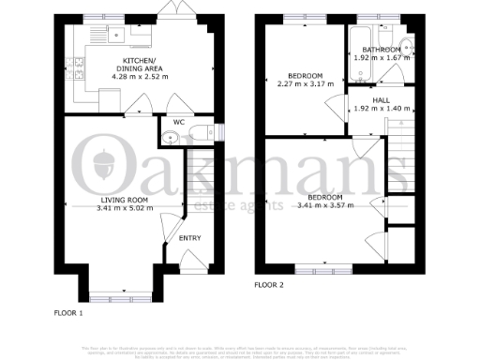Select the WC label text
click(x=177, y=121)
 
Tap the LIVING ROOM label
click(x=126, y=201)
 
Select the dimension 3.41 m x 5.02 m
click(x=126, y=209)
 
